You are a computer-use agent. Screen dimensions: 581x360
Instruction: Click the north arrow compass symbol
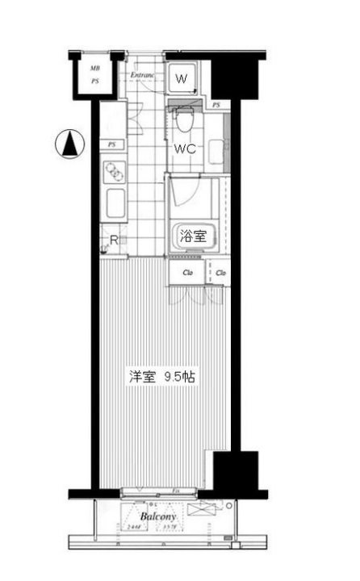[70, 145]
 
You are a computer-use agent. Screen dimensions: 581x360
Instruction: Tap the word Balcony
[158, 516]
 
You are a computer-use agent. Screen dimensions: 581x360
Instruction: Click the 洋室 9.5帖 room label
[162, 376]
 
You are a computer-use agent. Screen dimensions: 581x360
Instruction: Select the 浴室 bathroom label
[191, 236]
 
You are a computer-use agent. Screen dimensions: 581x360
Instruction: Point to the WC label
[186, 148]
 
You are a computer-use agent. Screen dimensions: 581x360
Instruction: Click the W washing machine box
[182, 79]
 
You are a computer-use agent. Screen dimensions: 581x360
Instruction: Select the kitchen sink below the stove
[114, 204]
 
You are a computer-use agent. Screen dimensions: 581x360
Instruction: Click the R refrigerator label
[114, 240]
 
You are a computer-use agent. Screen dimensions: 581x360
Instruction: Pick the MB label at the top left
[94, 69]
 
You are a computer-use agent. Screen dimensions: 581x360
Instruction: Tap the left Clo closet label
[186, 273]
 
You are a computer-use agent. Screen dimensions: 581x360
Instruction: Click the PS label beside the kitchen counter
[111, 144]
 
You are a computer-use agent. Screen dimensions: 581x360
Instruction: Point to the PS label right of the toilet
[216, 106]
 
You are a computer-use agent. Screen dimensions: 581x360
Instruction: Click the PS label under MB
[94, 81]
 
